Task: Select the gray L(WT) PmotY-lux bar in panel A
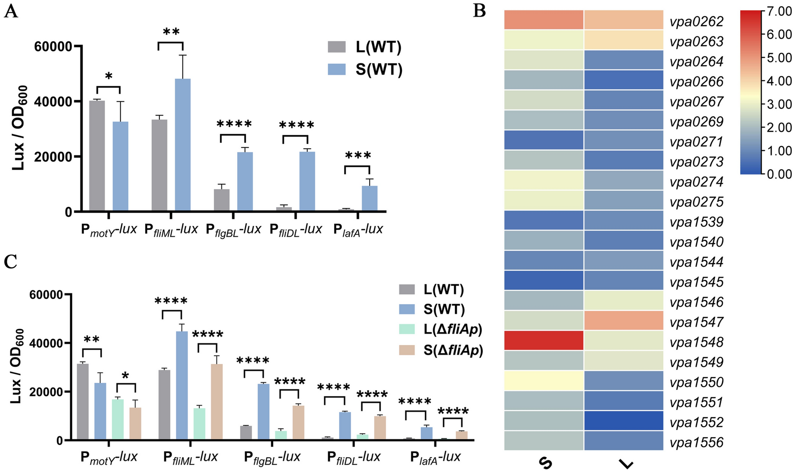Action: [x=97, y=155]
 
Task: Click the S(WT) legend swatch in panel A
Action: [x=337, y=69]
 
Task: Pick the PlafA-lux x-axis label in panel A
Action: [x=358, y=230]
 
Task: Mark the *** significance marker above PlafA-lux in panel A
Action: [x=358, y=156]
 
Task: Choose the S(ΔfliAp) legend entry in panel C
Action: [x=453, y=350]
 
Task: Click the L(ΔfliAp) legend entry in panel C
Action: [x=453, y=330]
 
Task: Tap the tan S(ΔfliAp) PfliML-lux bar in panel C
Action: [x=217, y=402]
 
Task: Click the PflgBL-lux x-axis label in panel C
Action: [x=272, y=457]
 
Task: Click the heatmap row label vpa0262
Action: [x=697, y=22]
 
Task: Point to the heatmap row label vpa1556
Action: [x=697, y=442]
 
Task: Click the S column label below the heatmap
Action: [x=545, y=463]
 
